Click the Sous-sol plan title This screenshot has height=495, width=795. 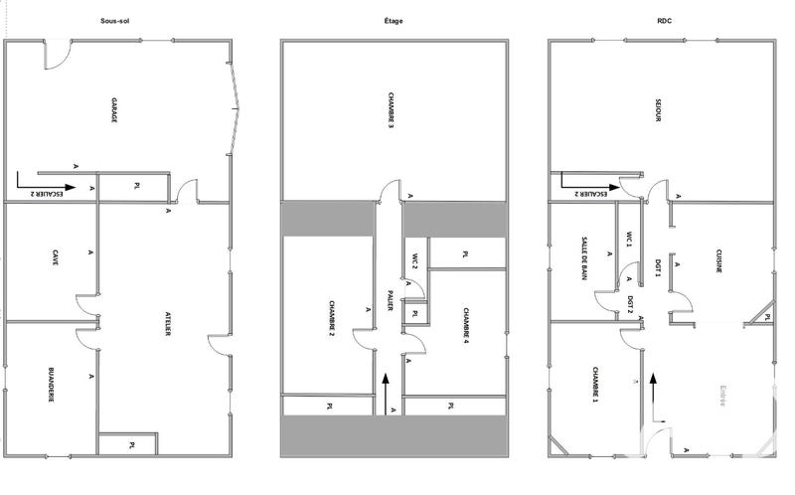click(x=120, y=20)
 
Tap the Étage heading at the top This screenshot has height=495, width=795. click(x=395, y=20)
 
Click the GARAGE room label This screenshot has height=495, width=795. click(x=113, y=110)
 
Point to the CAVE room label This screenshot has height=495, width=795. click(x=55, y=258)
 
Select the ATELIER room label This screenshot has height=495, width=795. click(x=166, y=322)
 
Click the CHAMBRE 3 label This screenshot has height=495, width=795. click(x=392, y=112)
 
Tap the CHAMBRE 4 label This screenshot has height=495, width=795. click(x=465, y=325)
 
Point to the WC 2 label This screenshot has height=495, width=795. click(x=413, y=262)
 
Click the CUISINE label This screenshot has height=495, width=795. click(x=717, y=261)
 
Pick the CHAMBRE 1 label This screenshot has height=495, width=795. click(x=594, y=384)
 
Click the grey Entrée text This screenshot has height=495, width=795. click(x=723, y=394)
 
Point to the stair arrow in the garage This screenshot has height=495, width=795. click(x=46, y=187)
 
